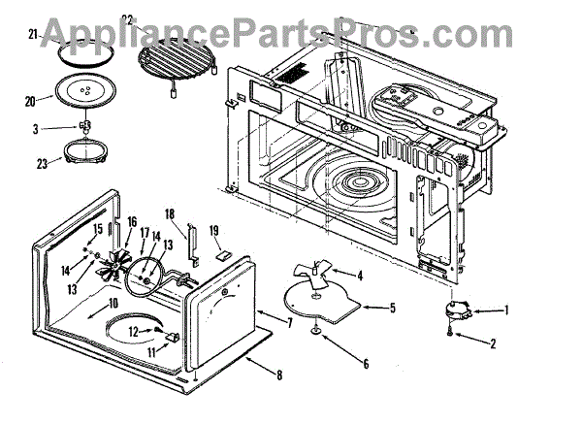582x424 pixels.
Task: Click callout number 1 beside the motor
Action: (x=505, y=310)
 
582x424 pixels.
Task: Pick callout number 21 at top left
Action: (x=33, y=35)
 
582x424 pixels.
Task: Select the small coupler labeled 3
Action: (x=85, y=127)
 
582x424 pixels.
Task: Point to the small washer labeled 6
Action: (x=318, y=333)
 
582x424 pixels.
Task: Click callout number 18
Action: (x=168, y=213)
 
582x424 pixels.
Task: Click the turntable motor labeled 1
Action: (x=454, y=310)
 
